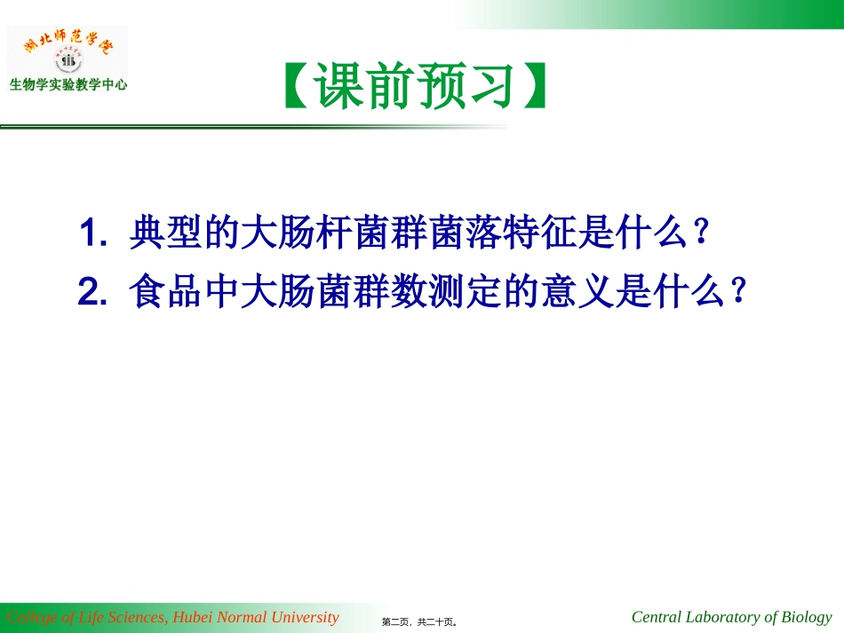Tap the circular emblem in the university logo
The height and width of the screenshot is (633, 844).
pyautogui.click(x=68, y=61)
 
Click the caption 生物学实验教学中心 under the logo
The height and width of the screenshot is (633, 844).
pyautogui.click(x=68, y=85)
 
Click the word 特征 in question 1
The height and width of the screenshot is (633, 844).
pyautogui.click(x=560, y=234)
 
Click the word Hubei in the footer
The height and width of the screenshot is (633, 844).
pyautogui.click(x=194, y=617)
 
